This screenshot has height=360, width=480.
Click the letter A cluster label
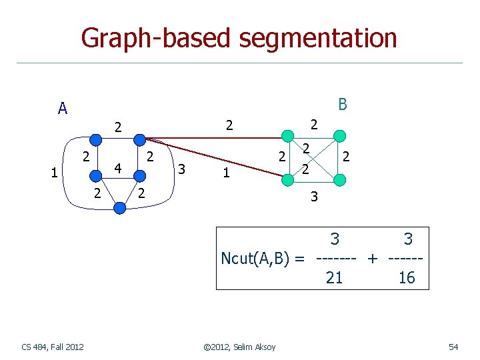coord(62,109)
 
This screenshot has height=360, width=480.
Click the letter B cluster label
coord(342,105)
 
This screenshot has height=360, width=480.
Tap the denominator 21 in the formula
coord(334,278)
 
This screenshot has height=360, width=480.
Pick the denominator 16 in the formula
coord(406,278)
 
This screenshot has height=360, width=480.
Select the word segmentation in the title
coord(319,38)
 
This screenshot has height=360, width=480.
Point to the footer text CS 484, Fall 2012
coord(53,346)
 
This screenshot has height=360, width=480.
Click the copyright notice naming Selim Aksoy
coord(239,346)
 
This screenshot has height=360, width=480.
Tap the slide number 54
coord(453,346)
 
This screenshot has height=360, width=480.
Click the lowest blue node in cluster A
coord(120,208)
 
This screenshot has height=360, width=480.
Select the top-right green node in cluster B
coord(340,137)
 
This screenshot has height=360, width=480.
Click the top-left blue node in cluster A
coord(96,139)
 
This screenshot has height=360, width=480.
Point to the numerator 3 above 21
coord(335,239)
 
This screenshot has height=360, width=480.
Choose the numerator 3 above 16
coord(408,239)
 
